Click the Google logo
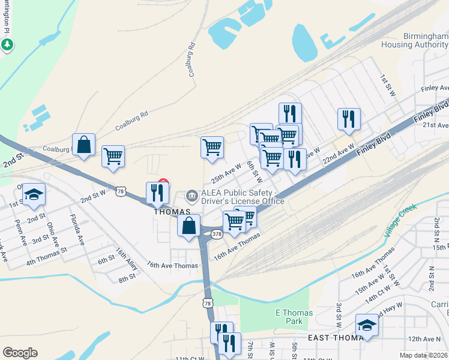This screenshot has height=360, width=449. [20, 353]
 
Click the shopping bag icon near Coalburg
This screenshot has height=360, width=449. [84, 145]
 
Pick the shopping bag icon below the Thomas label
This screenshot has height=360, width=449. [188, 226]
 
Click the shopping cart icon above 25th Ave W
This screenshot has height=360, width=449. [212, 147]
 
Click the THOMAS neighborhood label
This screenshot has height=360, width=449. [172, 212]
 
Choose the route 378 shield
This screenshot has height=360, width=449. [216, 233]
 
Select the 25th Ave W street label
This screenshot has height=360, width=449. [226, 173]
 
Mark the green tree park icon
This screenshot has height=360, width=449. [7, 44]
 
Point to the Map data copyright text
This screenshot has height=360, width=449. [424, 355]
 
